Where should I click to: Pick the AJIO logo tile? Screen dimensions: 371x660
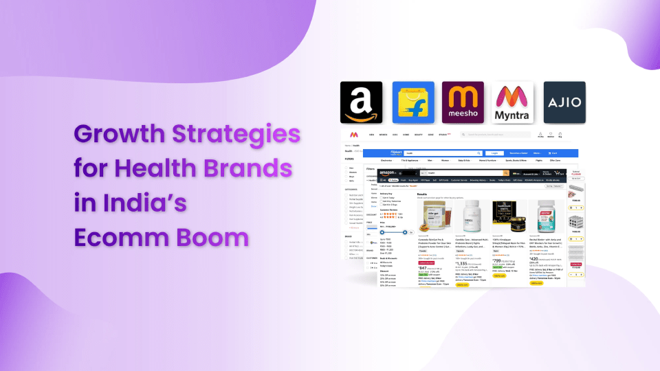tap(564, 102)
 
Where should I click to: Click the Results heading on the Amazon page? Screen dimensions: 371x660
tap(422, 194)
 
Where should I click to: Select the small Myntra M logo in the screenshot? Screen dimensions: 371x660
tap(353, 135)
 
